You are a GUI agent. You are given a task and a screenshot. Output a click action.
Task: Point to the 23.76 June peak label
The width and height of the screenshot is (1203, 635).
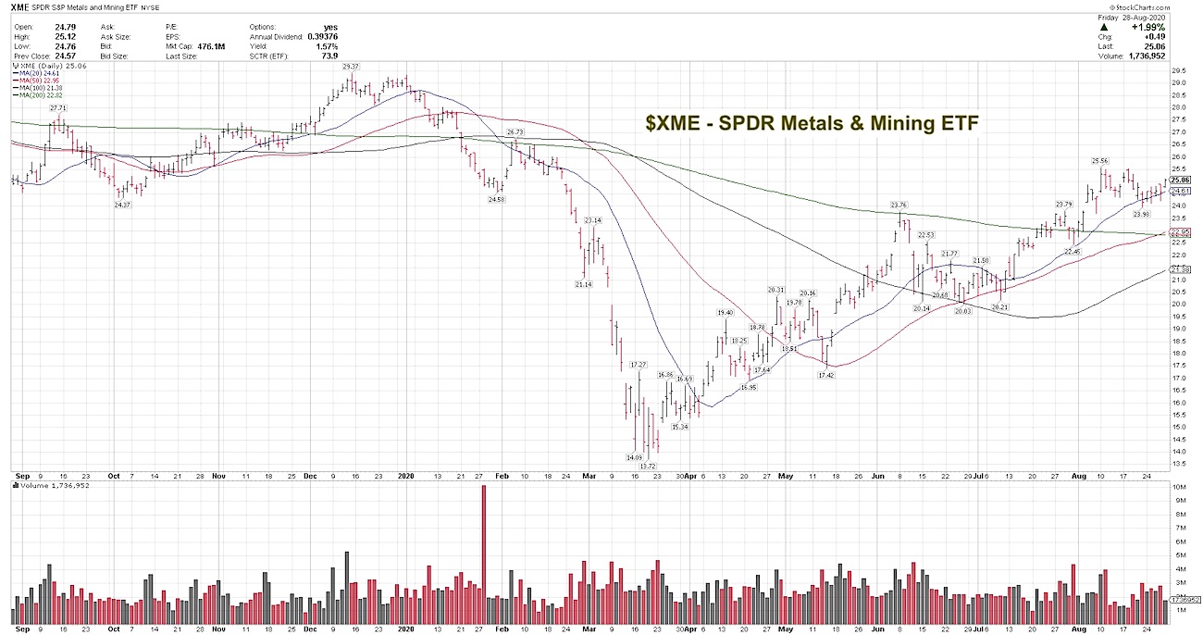[899, 205]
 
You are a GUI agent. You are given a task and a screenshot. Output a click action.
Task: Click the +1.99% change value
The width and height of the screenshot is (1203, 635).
[1151, 28]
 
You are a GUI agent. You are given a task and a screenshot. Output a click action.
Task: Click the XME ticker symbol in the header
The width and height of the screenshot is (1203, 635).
[22, 8]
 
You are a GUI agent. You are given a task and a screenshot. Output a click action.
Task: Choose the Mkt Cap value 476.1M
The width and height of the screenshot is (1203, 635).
[209, 45]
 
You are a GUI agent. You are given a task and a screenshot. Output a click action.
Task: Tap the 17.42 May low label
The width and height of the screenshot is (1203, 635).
[827, 375]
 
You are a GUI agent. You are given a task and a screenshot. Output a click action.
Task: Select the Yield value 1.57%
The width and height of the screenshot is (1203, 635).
[327, 45]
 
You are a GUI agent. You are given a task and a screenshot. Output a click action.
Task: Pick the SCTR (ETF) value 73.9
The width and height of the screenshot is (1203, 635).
[329, 55]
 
